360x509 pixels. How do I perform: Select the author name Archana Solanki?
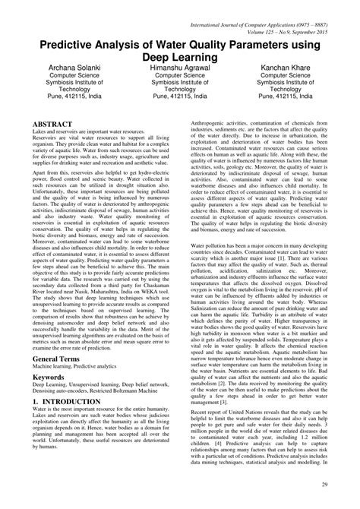tap(65, 68)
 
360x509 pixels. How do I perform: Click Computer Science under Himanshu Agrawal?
tap(179, 76)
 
